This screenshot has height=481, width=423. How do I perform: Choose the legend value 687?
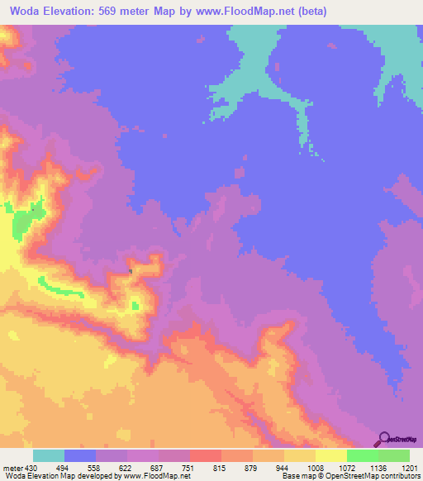[159, 467]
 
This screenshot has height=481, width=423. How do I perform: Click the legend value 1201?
[410, 467]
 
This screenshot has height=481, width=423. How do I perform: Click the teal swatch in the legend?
[49, 455]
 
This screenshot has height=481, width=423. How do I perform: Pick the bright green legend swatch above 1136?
[363, 455]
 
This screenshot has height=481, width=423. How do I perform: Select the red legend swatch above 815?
[206, 455]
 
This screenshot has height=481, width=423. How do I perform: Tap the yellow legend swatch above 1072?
[331, 455]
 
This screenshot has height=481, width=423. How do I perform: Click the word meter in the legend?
[13, 467]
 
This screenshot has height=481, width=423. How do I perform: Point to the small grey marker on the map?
[131, 270]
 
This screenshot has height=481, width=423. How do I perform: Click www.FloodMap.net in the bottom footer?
[156, 476]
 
